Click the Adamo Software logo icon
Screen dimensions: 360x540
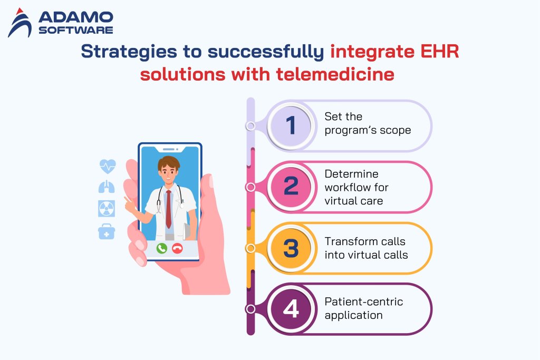20,22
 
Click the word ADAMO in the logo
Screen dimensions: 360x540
75,17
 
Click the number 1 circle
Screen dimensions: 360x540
291,125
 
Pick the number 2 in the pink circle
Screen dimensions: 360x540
291,187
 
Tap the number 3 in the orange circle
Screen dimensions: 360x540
291,248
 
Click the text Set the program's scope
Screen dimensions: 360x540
367,123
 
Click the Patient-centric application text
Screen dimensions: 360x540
363,308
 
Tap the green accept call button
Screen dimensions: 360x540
161,248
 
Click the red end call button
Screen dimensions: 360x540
177,248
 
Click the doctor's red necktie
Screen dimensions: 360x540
168,208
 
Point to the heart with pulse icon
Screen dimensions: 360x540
107,167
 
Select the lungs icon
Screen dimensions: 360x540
107,187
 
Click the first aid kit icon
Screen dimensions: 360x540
107,231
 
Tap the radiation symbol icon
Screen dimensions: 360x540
107,209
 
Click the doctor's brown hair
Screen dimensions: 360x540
169,161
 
